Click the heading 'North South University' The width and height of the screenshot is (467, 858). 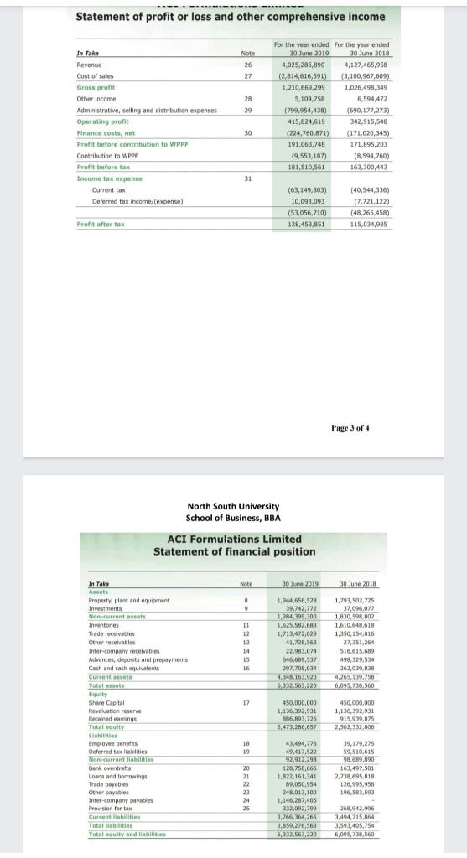point(232,505)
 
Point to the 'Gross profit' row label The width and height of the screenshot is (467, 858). point(97,86)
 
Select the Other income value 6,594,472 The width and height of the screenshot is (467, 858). point(373,98)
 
